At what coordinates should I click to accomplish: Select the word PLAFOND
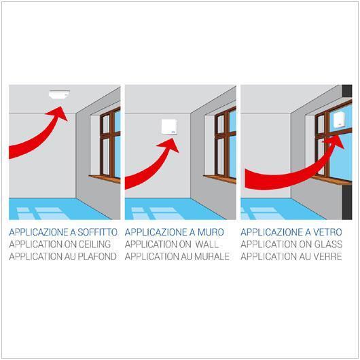97,256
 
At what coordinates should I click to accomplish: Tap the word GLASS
325,244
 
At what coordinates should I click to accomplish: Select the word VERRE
325,256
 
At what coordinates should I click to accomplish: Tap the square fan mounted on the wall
169,126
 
